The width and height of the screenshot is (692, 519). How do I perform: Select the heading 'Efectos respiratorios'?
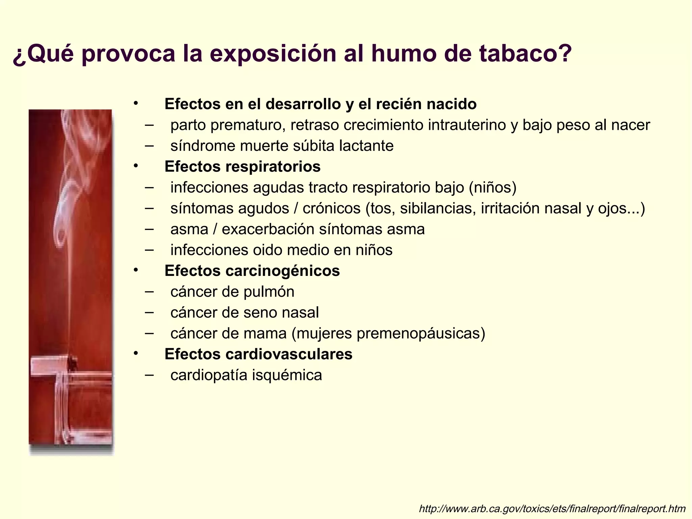(242, 167)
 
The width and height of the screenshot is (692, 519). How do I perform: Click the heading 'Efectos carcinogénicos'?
(252, 271)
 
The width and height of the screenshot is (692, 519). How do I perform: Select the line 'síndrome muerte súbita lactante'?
(282, 146)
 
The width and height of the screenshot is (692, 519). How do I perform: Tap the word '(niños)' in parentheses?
(492, 188)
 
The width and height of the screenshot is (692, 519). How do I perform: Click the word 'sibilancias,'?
(438, 209)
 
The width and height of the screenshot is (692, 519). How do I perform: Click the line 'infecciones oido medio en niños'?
(281, 250)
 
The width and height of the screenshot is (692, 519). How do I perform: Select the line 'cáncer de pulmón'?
(232, 292)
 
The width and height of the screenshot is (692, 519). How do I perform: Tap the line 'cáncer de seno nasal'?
(244, 313)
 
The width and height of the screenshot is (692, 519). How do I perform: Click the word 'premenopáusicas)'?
(420, 334)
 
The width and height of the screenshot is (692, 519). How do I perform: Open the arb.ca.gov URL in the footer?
(552, 509)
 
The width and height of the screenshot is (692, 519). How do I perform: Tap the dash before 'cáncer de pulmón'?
(149, 291)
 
